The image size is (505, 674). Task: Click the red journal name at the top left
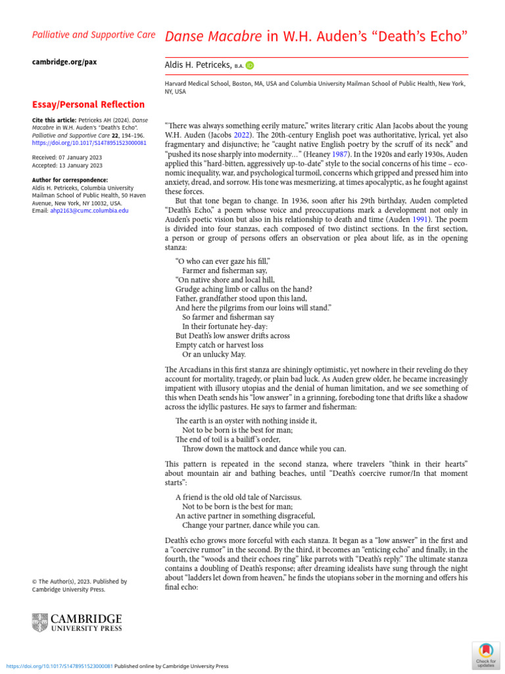click(93, 34)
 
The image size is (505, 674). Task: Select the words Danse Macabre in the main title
click(214, 36)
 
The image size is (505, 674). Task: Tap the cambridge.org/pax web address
click(64, 61)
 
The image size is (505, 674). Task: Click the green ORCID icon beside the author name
click(250, 65)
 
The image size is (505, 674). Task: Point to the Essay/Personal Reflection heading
click(88, 104)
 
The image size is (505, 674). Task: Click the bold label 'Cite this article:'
click(54, 120)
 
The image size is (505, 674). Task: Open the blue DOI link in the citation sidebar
click(80, 142)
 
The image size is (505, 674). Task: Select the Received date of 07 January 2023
click(68, 157)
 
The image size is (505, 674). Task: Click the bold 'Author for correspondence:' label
click(70, 180)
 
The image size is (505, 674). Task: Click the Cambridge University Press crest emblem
click(40, 623)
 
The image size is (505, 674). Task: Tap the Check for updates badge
click(486, 654)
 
